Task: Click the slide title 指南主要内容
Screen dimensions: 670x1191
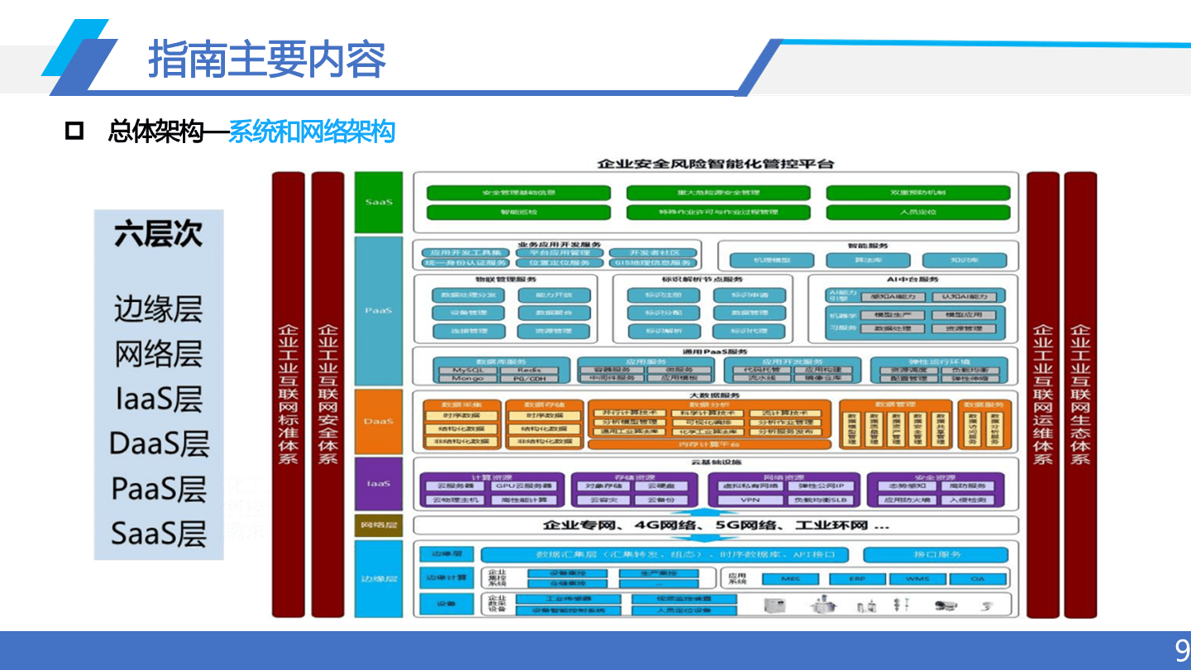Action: pos(266,60)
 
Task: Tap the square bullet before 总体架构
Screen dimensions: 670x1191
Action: pos(74,131)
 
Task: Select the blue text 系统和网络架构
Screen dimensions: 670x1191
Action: pos(311,132)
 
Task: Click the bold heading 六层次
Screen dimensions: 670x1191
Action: pos(158,234)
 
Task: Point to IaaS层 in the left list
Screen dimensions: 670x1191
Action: pos(158,400)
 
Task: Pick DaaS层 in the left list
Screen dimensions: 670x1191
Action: pos(158,444)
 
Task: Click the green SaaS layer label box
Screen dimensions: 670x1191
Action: pos(379,202)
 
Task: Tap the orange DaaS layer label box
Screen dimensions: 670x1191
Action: pos(379,421)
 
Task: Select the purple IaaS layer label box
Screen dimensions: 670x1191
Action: pos(379,482)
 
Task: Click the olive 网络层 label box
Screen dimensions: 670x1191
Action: pos(379,525)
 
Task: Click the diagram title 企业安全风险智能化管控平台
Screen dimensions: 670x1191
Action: pos(715,163)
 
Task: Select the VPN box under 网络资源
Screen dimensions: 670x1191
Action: pos(749,500)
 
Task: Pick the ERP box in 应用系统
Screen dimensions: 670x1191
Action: pos(857,579)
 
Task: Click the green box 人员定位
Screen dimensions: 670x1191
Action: pos(918,213)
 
